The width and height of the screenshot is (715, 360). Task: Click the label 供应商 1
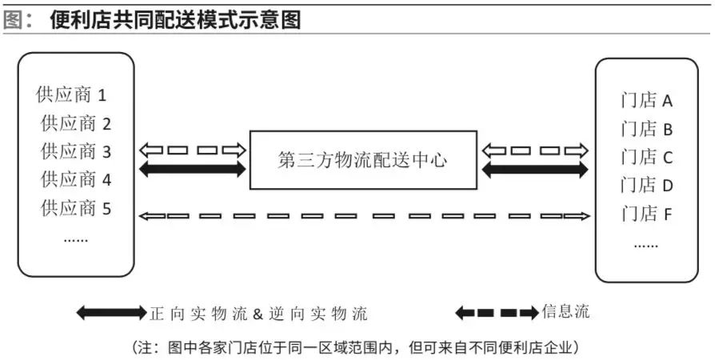click(72, 95)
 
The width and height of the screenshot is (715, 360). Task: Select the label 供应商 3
click(77, 151)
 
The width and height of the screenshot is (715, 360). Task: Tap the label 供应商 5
click(77, 209)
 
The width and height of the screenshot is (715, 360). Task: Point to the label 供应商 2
click(77, 123)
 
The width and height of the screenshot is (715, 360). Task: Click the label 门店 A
click(647, 101)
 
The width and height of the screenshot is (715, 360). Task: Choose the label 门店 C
click(647, 157)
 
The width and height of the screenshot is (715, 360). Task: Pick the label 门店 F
click(647, 214)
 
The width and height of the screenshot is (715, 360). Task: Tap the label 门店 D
click(647, 186)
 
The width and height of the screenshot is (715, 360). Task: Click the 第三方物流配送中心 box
click(363, 160)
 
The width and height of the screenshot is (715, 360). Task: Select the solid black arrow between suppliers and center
click(193, 170)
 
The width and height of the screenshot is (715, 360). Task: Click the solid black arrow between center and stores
click(534, 170)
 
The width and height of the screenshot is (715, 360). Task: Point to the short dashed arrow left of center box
click(193, 150)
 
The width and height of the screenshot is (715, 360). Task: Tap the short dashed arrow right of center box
click(534, 150)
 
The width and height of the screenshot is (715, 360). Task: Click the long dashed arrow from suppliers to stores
click(365, 215)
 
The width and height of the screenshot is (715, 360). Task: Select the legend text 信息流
click(565, 311)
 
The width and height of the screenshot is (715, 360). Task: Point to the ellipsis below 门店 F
click(645, 244)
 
